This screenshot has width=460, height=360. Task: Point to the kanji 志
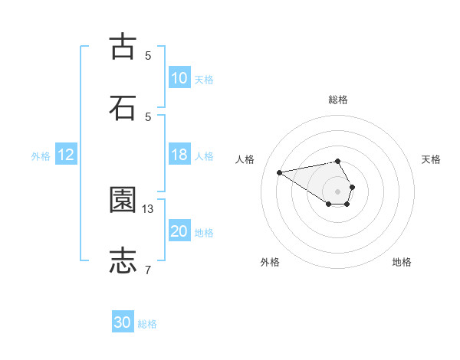click(x=123, y=260)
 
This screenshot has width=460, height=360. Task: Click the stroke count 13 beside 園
click(x=148, y=208)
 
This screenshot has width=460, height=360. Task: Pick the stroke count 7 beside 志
click(x=148, y=270)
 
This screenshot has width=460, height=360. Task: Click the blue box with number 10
click(x=179, y=78)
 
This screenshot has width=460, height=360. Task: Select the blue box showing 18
click(x=179, y=155)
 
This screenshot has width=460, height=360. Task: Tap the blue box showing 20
click(x=179, y=232)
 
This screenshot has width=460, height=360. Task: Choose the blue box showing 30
click(x=123, y=323)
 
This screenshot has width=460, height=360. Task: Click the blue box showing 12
click(x=66, y=155)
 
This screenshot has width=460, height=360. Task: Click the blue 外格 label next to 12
click(x=41, y=156)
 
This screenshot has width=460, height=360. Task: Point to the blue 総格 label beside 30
click(x=147, y=324)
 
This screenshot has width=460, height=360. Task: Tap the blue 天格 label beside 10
click(x=203, y=79)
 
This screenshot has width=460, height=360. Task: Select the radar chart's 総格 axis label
click(x=338, y=100)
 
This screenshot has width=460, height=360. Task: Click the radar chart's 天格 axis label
click(x=432, y=159)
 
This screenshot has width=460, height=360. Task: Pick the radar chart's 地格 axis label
click(x=402, y=262)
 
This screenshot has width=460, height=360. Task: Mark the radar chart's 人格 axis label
click(x=245, y=159)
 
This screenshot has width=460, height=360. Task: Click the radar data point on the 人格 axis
click(x=280, y=172)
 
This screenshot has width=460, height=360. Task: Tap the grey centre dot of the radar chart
click(x=338, y=191)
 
